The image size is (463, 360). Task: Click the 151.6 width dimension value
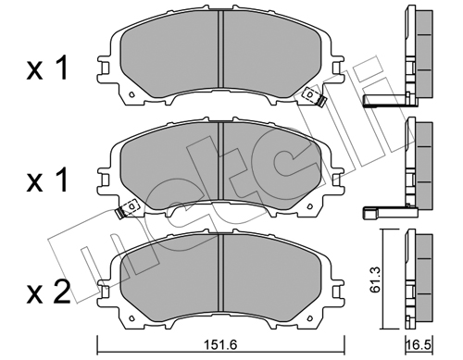[220, 344]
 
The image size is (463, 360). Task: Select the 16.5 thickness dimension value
[419, 344]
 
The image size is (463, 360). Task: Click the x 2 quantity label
[48, 292]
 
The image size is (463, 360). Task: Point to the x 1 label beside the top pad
[47, 69]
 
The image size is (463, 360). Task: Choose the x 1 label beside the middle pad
[47, 180]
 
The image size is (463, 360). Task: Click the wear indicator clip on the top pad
[315, 96]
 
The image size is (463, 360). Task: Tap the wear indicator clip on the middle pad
[127, 209]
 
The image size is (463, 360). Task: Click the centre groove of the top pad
[220, 49]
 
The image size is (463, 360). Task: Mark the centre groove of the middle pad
[220, 160]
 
